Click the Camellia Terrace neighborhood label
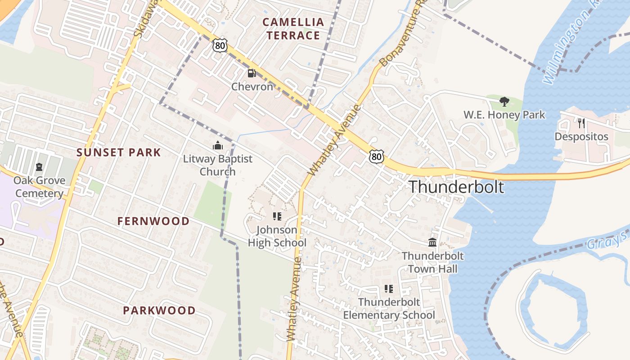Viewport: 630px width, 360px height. [x=293, y=28]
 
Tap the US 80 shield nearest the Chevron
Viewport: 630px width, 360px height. [x=220, y=45]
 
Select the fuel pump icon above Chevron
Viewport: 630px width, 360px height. [x=252, y=73]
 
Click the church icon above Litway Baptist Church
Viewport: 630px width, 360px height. [x=218, y=145]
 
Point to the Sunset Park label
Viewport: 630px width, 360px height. [x=119, y=153]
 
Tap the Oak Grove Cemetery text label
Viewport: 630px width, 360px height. [x=39, y=187]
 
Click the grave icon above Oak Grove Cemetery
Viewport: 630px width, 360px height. [x=39, y=167]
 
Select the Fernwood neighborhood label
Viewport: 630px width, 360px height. [x=153, y=221]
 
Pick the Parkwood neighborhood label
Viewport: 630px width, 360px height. [x=159, y=310]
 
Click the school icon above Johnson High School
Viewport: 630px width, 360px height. [x=277, y=216]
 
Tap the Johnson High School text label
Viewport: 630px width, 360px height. [x=277, y=236]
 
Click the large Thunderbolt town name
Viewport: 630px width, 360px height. [x=456, y=187]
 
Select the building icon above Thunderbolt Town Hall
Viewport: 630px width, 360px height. [x=432, y=243]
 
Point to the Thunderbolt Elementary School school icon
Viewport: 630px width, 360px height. [x=389, y=289]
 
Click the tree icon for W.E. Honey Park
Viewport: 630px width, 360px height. [x=504, y=101]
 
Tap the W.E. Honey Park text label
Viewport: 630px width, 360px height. [x=504, y=115]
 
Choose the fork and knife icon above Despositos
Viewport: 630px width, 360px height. [x=581, y=123]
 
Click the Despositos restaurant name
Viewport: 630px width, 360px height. [x=581, y=136]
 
